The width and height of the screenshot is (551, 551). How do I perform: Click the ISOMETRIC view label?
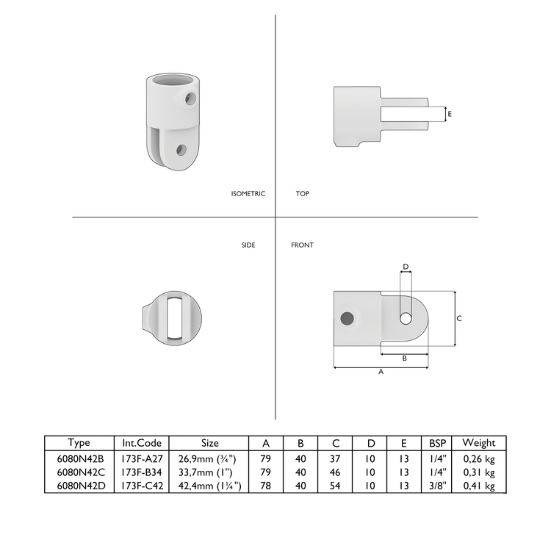coord(248,194)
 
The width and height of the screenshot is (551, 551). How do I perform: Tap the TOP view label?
coord(302,194)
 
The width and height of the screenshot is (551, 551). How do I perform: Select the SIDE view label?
coord(248,245)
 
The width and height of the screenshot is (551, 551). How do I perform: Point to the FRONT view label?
coord(302,245)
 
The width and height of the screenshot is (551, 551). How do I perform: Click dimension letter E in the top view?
coord(450,114)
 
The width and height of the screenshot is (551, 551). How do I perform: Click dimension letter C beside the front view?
coord(459,319)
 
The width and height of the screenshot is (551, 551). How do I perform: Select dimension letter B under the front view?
coord(405,359)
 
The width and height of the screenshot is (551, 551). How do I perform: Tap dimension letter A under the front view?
coord(381,372)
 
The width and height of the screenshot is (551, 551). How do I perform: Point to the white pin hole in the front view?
coord(405,318)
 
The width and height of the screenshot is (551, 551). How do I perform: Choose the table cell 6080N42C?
coord(79,472)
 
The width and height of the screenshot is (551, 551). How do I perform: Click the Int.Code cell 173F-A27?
coord(142,458)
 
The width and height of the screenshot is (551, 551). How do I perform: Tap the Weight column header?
coord(479,443)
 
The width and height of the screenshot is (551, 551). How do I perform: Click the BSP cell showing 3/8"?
coord(438,486)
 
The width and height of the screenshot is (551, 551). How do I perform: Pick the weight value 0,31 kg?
coord(479,472)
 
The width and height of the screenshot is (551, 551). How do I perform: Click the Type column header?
coord(79,443)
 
